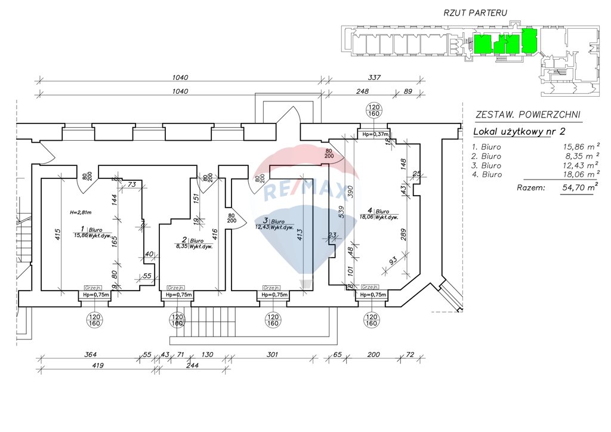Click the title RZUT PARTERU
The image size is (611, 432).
(x=474, y=13)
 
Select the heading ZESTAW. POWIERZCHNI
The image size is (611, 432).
(x=526, y=115)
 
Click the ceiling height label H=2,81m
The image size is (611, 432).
(x=79, y=212)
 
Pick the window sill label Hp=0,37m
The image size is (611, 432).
(x=374, y=134)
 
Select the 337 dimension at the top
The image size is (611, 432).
(x=374, y=78)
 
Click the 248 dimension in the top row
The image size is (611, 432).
(x=362, y=91)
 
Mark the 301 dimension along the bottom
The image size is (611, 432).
(x=271, y=355)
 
